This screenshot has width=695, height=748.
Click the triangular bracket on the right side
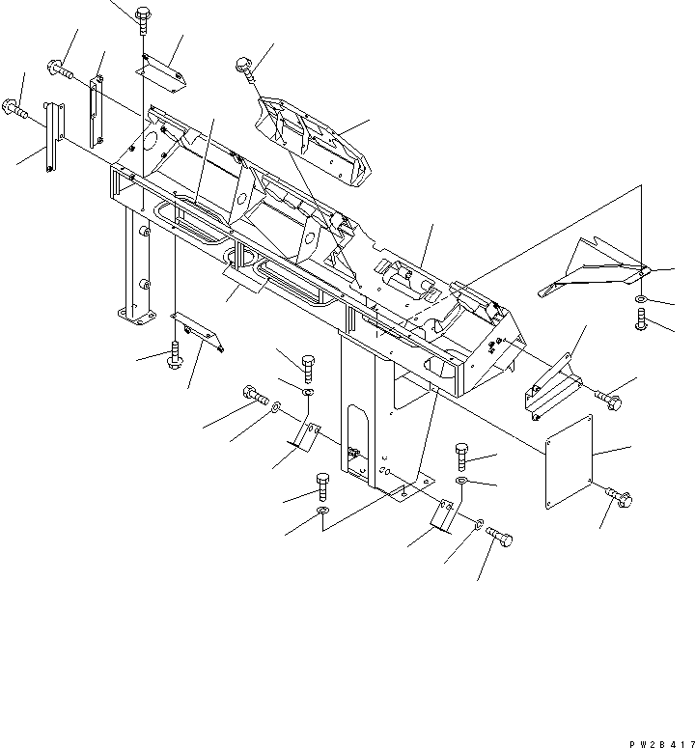[591, 268]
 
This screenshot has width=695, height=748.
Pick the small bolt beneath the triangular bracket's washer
[641, 320]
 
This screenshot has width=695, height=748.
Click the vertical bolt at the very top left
[142, 16]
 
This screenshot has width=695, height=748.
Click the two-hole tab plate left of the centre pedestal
[306, 434]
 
